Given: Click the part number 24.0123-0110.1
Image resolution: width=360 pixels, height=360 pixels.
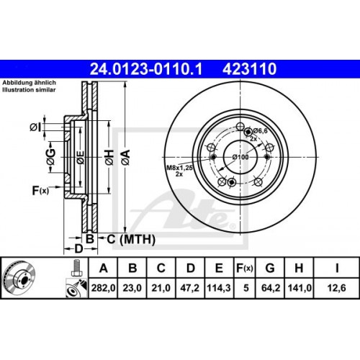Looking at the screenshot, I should (x=148, y=69).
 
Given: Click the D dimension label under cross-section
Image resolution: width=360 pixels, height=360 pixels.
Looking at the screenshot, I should (x=78, y=249).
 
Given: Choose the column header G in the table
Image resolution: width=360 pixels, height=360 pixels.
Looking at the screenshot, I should (x=269, y=269).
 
